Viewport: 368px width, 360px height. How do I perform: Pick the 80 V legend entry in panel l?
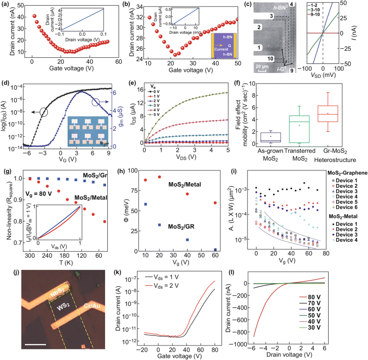coord(345,310)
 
